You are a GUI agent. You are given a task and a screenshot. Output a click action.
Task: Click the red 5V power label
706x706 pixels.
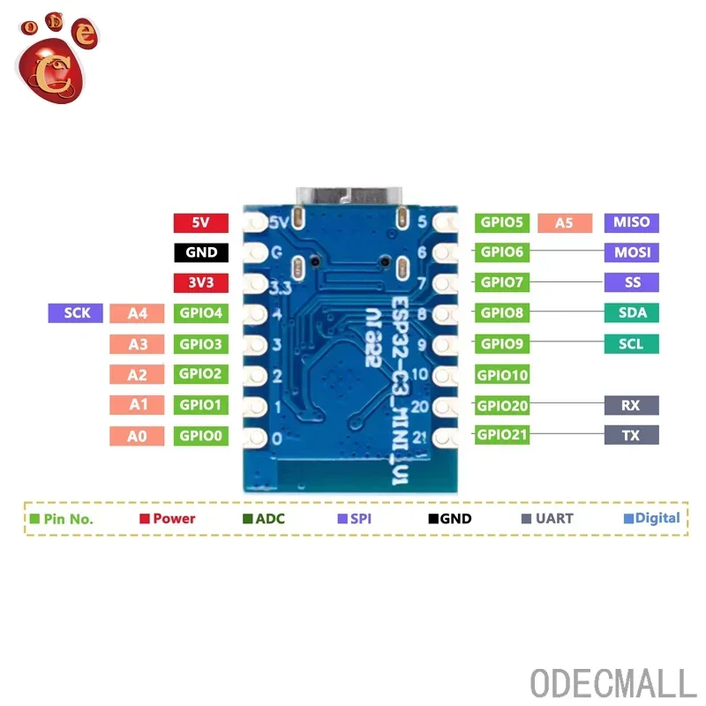click(x=201, y=222)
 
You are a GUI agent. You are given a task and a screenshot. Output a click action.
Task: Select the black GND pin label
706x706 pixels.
click(x=201, y=252)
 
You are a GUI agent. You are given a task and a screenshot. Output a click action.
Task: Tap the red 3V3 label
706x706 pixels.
click(x=201, y=283)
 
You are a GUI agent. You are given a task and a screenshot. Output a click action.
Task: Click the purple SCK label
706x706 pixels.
click(x=77, y=312)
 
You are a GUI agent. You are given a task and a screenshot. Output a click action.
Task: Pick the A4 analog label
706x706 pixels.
click(x=138, y=312)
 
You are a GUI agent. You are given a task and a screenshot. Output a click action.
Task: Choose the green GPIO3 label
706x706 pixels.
click(x=201, y=343)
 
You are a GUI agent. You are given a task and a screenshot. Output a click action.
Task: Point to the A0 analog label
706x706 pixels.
click(x=138, y=435)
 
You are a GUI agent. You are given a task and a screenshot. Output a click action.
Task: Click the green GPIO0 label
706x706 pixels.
click(x=201, y=435)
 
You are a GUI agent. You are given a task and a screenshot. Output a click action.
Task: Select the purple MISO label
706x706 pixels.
click(x=631, y=222)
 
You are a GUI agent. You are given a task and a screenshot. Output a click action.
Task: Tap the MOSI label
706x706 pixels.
click(x=631, y=252)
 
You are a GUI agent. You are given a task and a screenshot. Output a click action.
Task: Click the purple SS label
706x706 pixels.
click(x=631, y=283)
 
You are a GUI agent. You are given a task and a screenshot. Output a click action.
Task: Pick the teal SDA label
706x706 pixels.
click(x=631, y=312)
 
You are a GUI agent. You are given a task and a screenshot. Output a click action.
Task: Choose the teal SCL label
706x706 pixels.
click(x=631, y=343)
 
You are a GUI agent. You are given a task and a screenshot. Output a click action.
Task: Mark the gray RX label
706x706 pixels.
click(x=631, y=406)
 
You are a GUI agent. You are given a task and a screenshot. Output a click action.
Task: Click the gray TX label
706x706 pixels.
click(x=631, y=435)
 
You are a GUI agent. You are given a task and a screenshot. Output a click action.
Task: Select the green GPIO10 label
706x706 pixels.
click(x=503, y=375)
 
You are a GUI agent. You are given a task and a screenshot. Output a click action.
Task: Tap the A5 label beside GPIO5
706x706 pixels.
click(x=564, y=222)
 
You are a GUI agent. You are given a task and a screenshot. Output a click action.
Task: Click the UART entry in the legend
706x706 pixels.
click(x=547, y=519)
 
